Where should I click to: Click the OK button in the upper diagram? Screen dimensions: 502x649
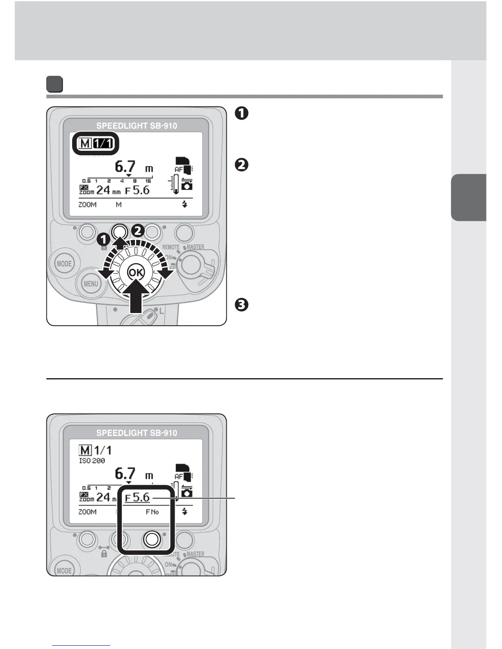(x=136, y=272)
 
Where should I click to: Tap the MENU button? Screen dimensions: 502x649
(x=91, y=284)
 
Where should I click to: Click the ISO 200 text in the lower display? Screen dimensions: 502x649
(x=92, y=461)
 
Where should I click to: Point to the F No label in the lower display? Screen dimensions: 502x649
(x=152, y=512)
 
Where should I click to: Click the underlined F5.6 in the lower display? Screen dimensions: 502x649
(x=137, y=497)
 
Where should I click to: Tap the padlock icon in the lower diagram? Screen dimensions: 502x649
(x=104, y=554)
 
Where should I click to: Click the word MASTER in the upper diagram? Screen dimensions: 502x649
(x=195, y=247)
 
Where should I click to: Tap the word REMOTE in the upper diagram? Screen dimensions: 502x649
(x=171, y=247)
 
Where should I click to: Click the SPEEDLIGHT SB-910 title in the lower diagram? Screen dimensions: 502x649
(x=137, y=433)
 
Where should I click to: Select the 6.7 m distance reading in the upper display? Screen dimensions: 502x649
(x=134, y=167)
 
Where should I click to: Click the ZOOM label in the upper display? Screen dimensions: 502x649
(x=88, y=204)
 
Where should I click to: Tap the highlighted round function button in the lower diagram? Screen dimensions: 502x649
(x=152, y=540)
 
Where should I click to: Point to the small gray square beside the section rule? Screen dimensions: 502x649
(x=54, y=84)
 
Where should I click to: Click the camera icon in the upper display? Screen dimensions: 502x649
(x=187, y=185)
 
